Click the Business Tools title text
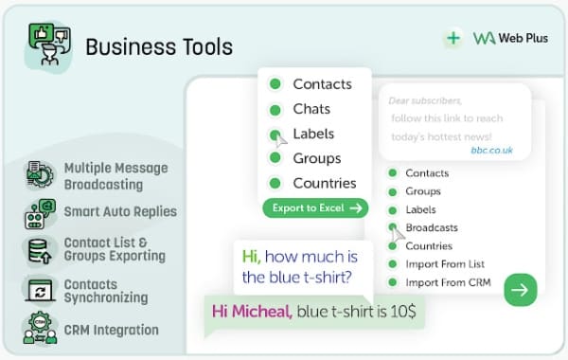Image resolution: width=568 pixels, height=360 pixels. coord(158,45)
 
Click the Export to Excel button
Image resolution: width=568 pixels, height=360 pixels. coord(314,208)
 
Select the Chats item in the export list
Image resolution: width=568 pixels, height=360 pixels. coord(311,109)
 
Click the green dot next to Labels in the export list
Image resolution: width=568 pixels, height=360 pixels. coord(275,134)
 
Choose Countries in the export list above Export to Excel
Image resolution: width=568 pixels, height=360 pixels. coord(324,183)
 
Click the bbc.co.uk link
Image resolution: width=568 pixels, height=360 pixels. coord(491,150)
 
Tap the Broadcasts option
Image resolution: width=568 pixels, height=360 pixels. coord(432,227)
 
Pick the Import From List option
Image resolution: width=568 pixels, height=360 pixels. coord(445,264)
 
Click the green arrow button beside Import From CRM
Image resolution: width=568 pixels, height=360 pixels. coord(520,289)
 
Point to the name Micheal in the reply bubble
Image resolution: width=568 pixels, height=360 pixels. coord(262,310)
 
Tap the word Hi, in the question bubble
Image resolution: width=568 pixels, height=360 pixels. coord(251,256)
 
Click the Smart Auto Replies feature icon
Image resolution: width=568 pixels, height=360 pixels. coord(40,212)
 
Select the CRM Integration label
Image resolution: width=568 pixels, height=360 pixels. coord(111,330)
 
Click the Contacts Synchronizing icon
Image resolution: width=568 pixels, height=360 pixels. coord(40,290)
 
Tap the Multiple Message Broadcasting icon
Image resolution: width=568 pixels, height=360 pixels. coord(40,174)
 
